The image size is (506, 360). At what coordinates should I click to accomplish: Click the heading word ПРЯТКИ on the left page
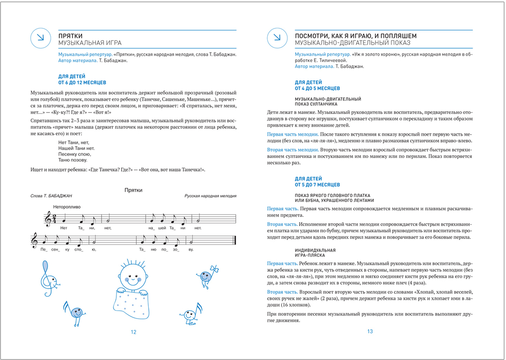tap(71, 35)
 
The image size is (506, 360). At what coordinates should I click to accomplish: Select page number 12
tap(134, 332)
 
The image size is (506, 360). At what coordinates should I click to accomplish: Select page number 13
tap(370, 332)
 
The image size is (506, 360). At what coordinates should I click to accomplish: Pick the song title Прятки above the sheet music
tap(133, 190)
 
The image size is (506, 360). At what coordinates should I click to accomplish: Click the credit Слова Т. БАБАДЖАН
tap(52, 196)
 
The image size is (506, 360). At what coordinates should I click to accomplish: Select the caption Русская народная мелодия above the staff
tap(210, 196)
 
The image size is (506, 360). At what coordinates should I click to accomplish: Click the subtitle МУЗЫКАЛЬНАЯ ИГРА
tap(90, 43)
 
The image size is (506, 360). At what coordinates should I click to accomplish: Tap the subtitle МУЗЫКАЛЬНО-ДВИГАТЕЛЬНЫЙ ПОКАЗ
tap(348, 43)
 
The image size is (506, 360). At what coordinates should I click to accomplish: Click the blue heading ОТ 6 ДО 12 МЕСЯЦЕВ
tap(83, 82)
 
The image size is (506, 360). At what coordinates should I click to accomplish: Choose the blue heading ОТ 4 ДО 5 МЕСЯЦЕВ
tap(318, 88)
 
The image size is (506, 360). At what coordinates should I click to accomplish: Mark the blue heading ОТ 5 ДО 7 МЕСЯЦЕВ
tap(318, 185)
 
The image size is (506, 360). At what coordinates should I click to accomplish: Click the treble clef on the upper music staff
tap(48, 218)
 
